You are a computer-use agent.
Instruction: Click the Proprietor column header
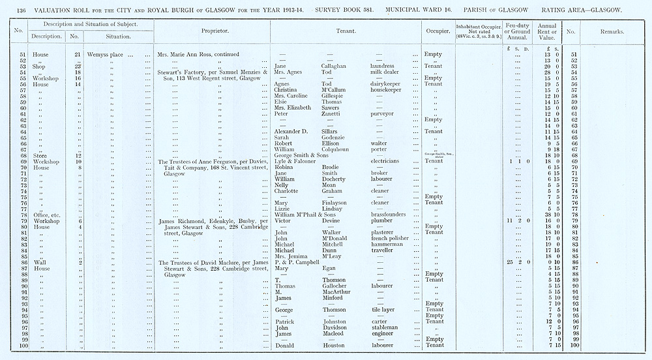(x=213, y=31)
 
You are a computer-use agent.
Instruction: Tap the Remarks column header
(x=612, y=31)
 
